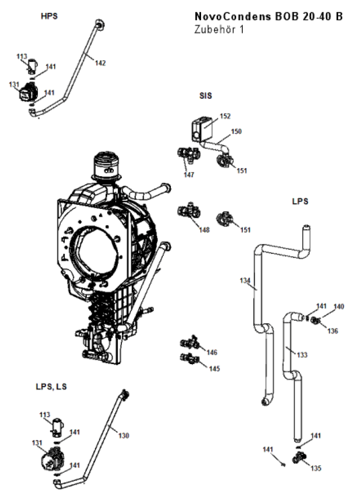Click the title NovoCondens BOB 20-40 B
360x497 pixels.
pos(268,17)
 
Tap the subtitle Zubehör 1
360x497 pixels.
pos(219,29)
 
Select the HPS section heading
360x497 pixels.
pos(49,16)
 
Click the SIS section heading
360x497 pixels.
pos(205,95)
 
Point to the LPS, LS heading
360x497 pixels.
pos(51,387)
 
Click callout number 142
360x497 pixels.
pos(101,63)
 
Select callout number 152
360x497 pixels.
pos(225,116)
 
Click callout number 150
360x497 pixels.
pos(236,131)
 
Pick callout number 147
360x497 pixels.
pos(189,174)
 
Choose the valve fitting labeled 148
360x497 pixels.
pos(189,211)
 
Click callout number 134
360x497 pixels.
pos(245,280)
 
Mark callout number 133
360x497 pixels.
pos(302,355)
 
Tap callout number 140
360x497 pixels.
pos(339,307)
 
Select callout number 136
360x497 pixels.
pos(333,331)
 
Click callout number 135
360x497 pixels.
pos(316,468)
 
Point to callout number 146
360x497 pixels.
pos(212,352)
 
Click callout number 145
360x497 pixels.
pos(214,369)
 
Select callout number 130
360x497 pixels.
pos(123,435)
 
